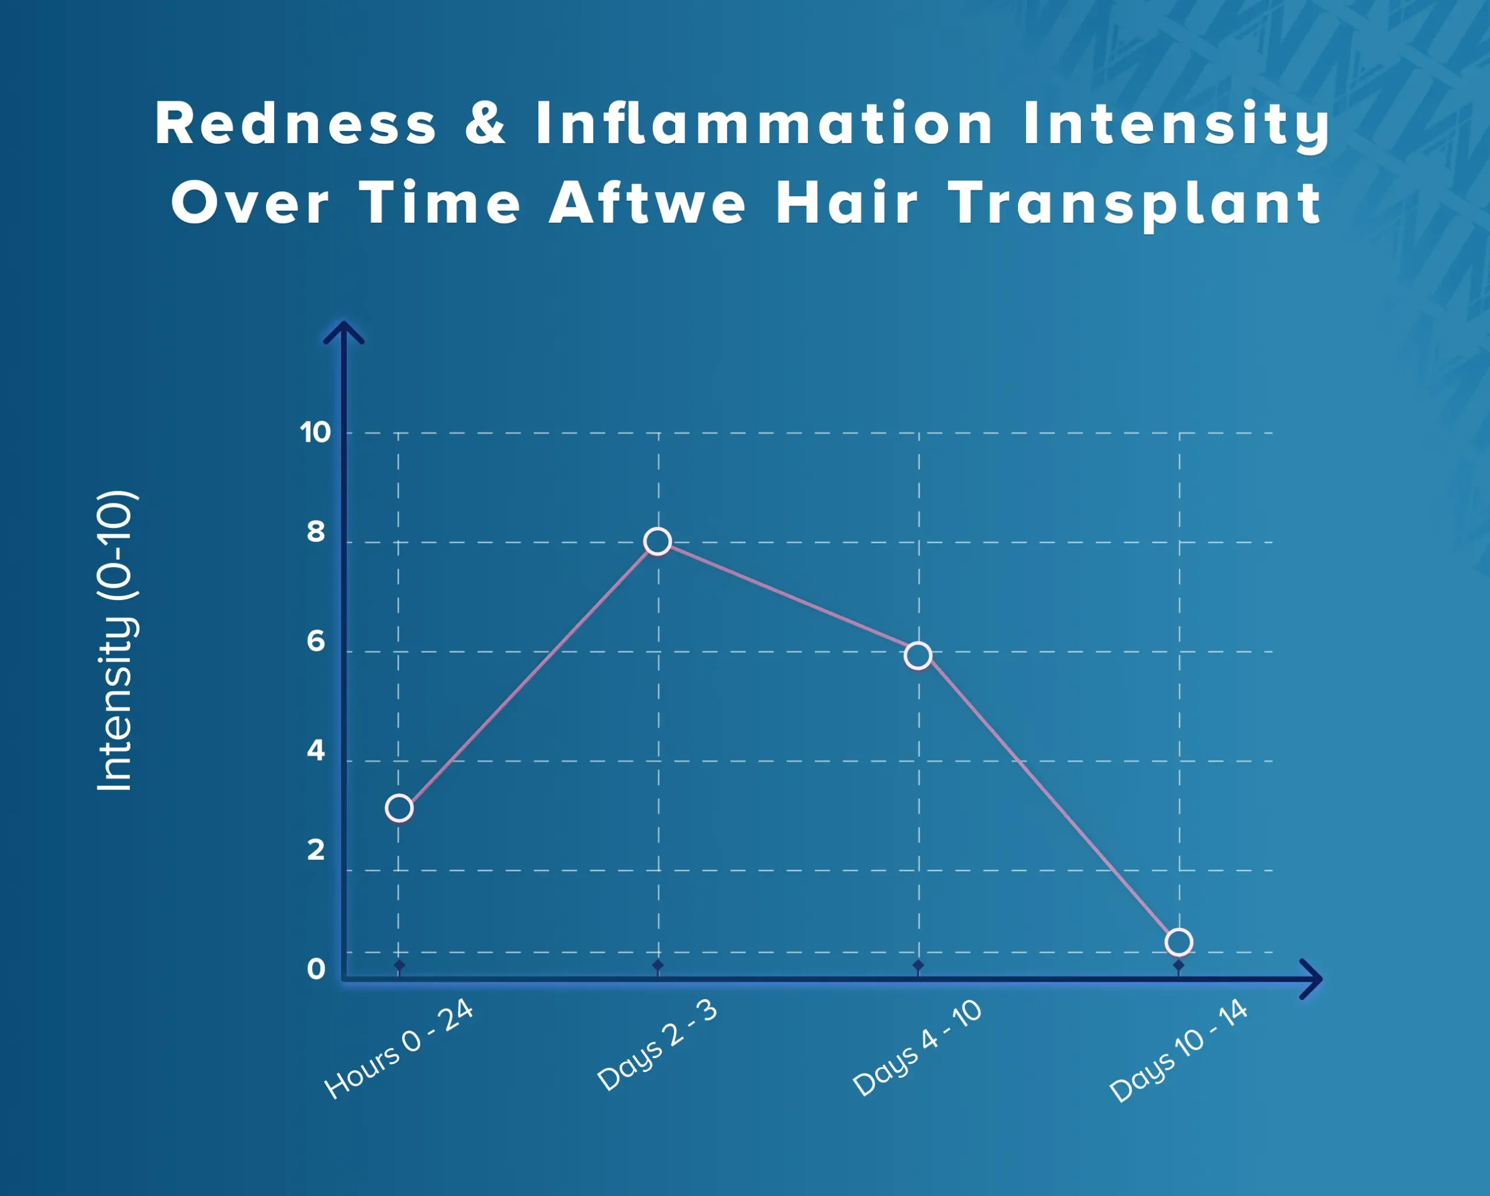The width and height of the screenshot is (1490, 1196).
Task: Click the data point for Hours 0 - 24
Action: [399, 808]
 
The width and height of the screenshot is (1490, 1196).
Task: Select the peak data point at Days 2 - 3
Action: [657, 541]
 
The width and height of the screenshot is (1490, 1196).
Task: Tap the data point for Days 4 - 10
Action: [918, 655]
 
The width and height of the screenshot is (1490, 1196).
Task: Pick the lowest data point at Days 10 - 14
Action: [1178, 942]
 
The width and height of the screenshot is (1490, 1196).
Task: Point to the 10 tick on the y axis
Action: [315, 432]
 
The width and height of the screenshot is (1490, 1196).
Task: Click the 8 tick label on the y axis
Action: [316, 532]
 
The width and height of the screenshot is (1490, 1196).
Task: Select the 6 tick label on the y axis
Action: [316, 641]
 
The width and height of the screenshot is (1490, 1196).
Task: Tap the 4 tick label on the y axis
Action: [316, 750]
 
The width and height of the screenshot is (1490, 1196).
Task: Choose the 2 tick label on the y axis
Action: [316, 850]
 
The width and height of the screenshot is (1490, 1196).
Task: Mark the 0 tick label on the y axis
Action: [316, 970]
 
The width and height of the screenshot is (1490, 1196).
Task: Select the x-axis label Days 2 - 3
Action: [658, 1045]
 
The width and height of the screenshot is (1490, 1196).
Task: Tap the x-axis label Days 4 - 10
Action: [917, 1048]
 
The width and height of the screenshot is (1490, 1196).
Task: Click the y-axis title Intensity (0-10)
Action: [115, 641]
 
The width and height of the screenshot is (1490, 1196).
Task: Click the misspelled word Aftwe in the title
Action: [648, 203]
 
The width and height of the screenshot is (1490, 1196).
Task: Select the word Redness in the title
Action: [296, 123]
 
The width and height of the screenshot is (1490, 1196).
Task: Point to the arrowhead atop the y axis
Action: [343, 332]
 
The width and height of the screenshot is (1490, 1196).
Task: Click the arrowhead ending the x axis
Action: [1311, 978]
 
